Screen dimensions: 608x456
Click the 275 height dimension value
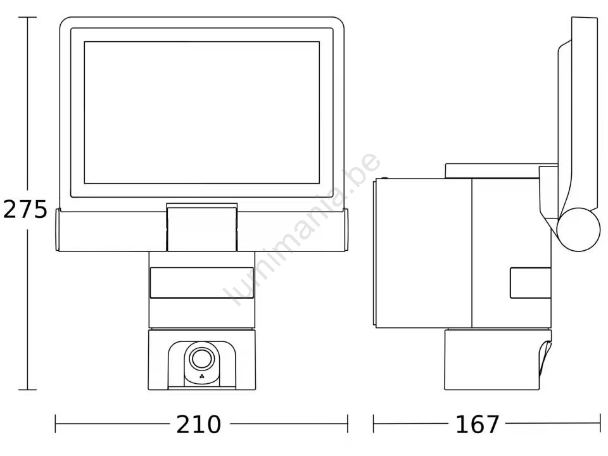pyautogui.click(x=25, y=210)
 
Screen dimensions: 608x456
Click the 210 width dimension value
pyautogui.click(x=198, y=424)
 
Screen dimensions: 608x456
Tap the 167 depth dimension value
pyautogui.click(x=478, y=424)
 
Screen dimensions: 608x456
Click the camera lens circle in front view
pyautogui.click(x=201, y=358)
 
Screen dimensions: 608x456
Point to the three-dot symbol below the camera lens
pyautogui.click(x=201, y=376)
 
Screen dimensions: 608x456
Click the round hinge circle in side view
pyautogui.click(x=578, y=229)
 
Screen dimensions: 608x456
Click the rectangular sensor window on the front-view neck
pyautogui.click(x=201, y=282)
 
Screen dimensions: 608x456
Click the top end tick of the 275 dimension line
pyautogui.click(x=27, y=18)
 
